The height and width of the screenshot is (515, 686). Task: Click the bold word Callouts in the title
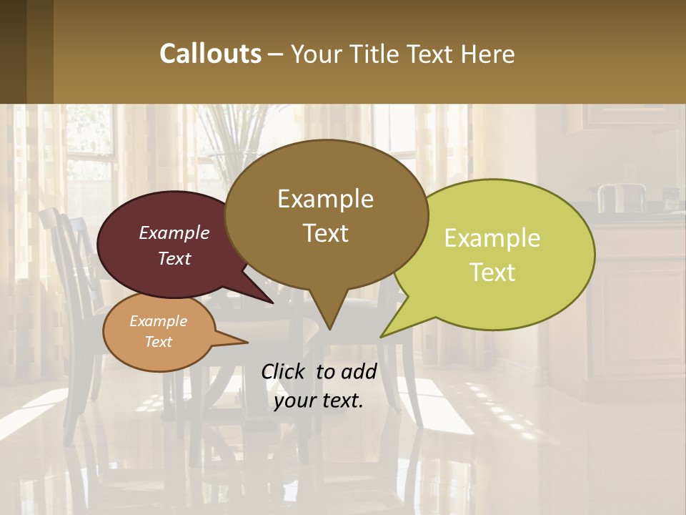pos(211,54)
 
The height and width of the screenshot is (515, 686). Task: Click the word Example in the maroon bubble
pos(174,232)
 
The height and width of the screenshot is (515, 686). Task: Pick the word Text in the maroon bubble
pos(174,258)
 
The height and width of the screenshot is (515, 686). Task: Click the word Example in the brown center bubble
pos(325,199)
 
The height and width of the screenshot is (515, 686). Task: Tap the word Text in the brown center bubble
pos(325,233)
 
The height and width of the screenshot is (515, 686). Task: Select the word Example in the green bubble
pos(492,238)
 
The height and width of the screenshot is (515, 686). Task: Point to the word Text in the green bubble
pos(492,273)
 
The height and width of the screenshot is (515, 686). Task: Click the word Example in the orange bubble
pos(158,321)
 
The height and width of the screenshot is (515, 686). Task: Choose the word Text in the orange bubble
pos(158,342)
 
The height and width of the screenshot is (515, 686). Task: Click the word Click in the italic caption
pos(284,371)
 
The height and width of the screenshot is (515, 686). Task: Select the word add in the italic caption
pos(359,371)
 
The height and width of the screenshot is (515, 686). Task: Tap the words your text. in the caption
pos(319,401)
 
